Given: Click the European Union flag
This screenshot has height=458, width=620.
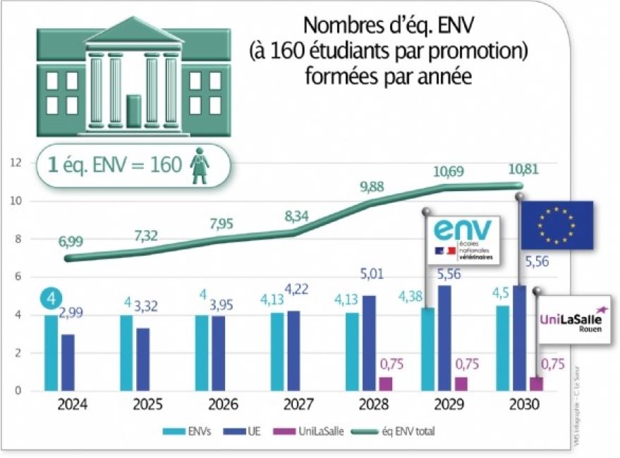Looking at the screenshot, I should pos(557,225).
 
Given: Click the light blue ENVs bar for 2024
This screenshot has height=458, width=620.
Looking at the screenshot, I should pos(51,352).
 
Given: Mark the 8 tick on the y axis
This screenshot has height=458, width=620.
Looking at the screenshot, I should pos(20,239).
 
